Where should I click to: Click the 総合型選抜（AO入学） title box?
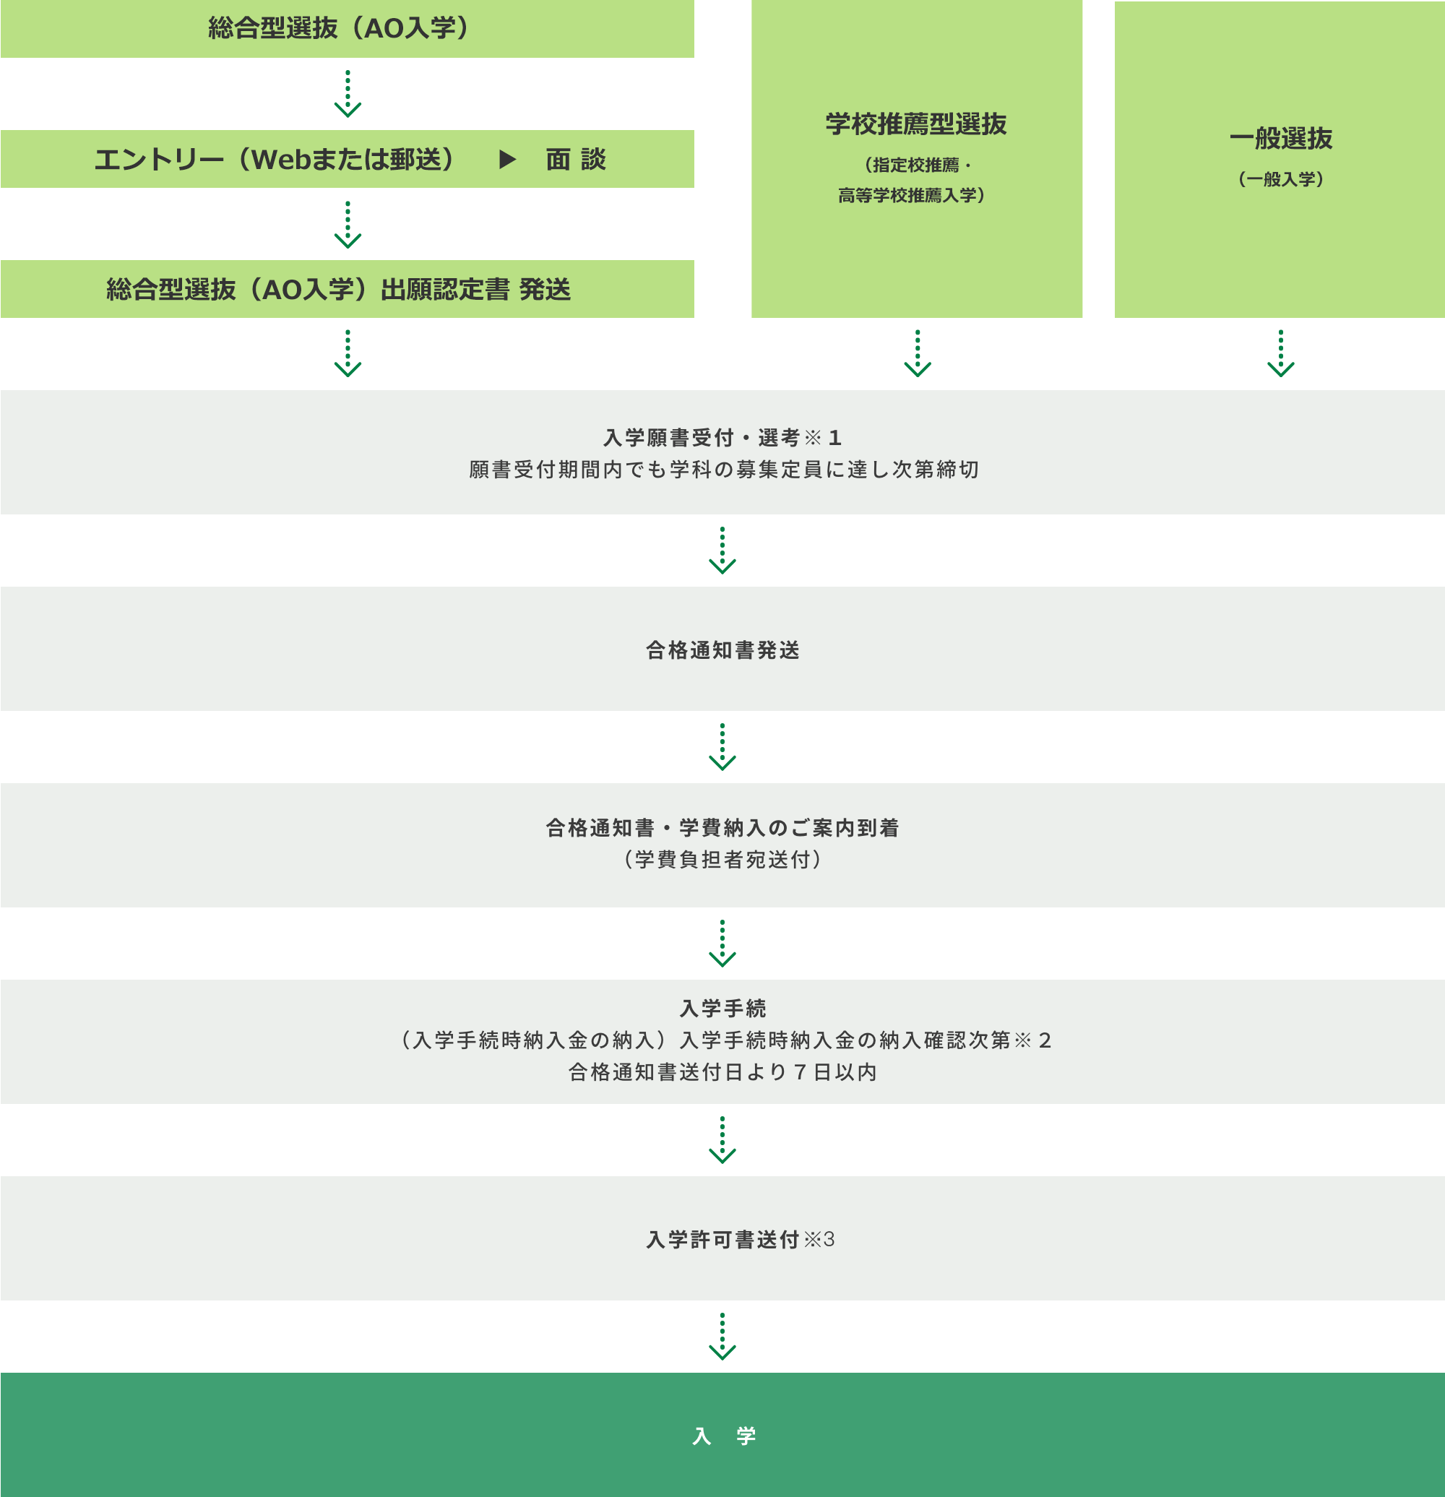347,28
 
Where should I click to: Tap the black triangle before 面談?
508,159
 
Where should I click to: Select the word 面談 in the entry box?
575,159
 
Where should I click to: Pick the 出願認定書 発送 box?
347,289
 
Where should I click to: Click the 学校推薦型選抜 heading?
915,124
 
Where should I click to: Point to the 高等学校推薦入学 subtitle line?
911,196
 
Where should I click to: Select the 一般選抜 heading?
1281,138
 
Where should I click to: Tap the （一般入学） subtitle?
1281,178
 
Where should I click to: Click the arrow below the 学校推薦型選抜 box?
918,353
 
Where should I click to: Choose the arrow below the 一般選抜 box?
1281,353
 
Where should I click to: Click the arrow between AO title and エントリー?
348,94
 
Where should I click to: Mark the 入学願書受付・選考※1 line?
722,438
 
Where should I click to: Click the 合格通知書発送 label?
722,650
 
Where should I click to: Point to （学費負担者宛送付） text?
722,859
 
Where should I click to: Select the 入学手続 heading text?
722,1008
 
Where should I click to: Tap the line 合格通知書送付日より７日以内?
722,1072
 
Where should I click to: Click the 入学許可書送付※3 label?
740,1239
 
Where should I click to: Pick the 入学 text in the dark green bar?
723,1436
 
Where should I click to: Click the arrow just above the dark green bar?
722,1337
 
